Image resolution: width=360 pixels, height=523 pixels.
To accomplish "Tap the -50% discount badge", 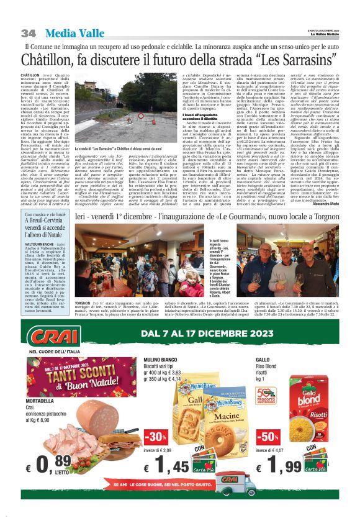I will pos(264,437).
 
